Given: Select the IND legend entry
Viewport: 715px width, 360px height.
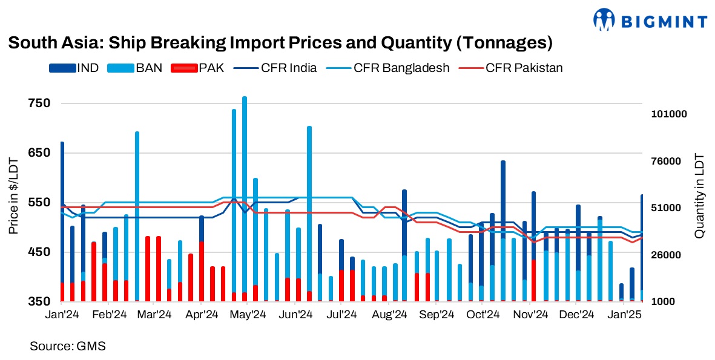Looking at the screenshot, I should (75, 68).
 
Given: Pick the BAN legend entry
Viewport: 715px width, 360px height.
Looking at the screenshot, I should (135, 68).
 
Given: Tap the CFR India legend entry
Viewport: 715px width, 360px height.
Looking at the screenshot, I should (276, 68).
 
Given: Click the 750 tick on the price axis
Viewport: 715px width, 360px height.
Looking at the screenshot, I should (39, 103).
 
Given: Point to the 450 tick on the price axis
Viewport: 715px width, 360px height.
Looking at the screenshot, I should (39, 252).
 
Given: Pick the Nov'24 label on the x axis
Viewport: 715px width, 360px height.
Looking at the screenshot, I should (530, 315).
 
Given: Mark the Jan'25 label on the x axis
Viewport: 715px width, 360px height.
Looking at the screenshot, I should (624, 315).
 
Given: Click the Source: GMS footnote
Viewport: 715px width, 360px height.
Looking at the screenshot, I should (68, 346).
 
